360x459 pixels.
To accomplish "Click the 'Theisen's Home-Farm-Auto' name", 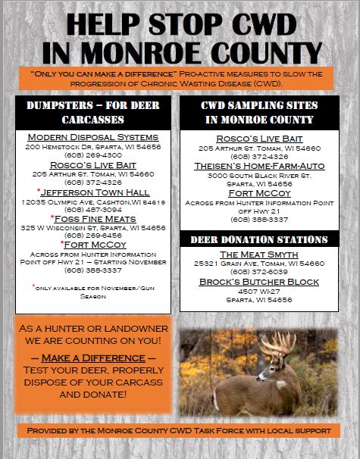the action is tap(259, 165).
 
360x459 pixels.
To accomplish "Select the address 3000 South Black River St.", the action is tap(259, 174).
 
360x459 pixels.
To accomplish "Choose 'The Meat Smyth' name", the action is tap(259, 254).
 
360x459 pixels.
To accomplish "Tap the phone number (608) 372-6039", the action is tap(259, 270).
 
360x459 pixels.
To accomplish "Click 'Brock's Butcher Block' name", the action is tap(259, 281).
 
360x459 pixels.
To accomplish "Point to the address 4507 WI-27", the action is tap(259, 290).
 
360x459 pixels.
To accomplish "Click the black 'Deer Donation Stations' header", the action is tap(259, 239).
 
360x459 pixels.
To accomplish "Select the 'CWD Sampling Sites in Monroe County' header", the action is tap(259, 112).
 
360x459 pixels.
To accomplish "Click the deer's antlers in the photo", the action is tap(280, 345).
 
